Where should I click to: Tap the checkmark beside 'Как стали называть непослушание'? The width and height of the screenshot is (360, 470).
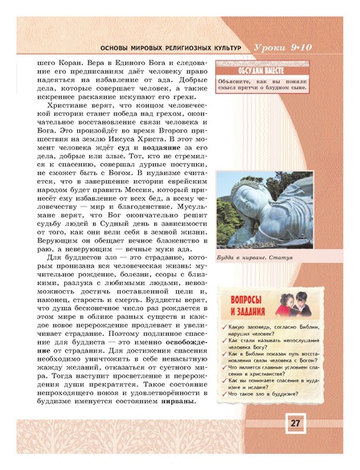[x=223, y=343]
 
